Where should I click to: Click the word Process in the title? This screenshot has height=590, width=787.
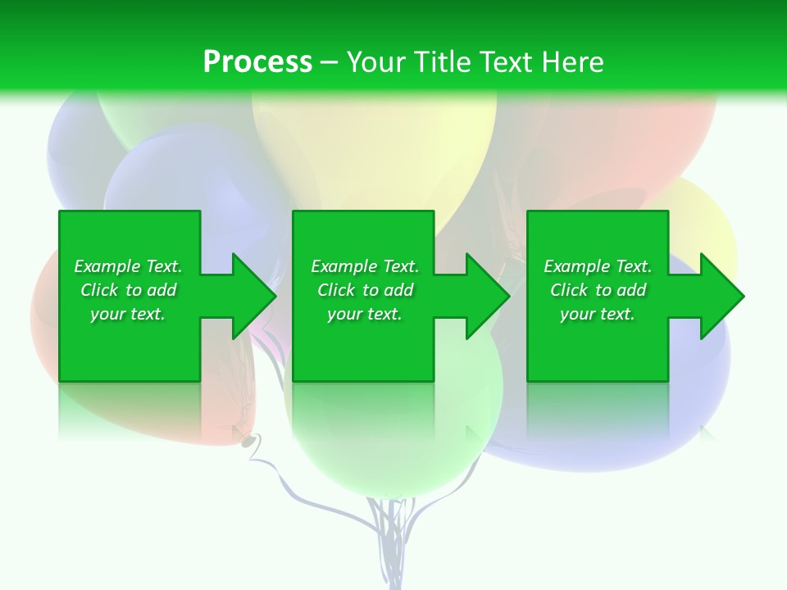[257, 61]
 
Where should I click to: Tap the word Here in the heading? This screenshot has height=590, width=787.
[574, 61]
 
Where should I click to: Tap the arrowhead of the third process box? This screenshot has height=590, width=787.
[721, 296]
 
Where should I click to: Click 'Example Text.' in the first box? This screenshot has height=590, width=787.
[128, 266]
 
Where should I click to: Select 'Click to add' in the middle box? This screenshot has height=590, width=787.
[365, 290]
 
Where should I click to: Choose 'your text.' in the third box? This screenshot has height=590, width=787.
[597, 314]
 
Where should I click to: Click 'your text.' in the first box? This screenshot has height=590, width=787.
[128, 314]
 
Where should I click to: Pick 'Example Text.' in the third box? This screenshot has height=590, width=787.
[598, 266]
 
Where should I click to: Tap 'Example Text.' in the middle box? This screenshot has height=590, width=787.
[365, 266]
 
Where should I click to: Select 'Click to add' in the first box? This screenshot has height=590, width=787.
[128, 290]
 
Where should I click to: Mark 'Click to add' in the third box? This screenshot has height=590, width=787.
[598, 290]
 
